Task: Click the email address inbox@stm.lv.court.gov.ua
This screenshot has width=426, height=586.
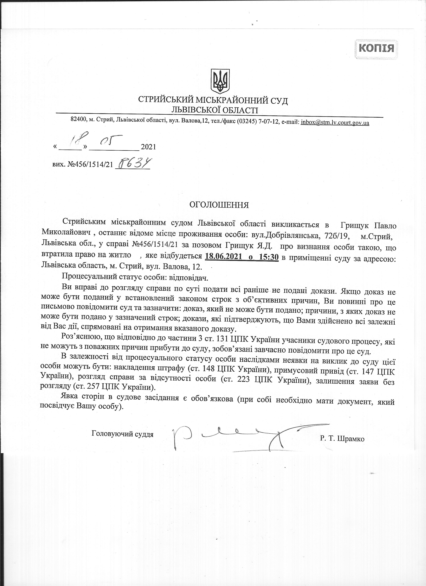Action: coord(335,122)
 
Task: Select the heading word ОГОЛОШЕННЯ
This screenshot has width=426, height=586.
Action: coord(219,205)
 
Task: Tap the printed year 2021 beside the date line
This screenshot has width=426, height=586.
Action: coord(148,147)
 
